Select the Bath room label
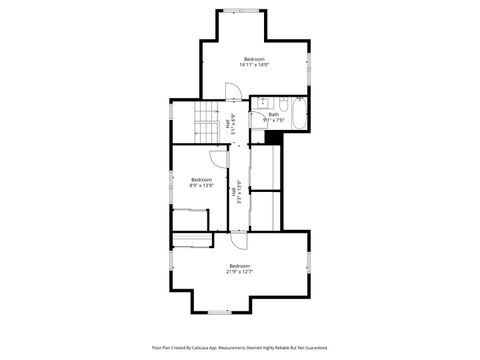274,114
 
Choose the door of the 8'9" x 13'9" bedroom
219,158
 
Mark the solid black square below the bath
275,136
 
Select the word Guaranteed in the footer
314,347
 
